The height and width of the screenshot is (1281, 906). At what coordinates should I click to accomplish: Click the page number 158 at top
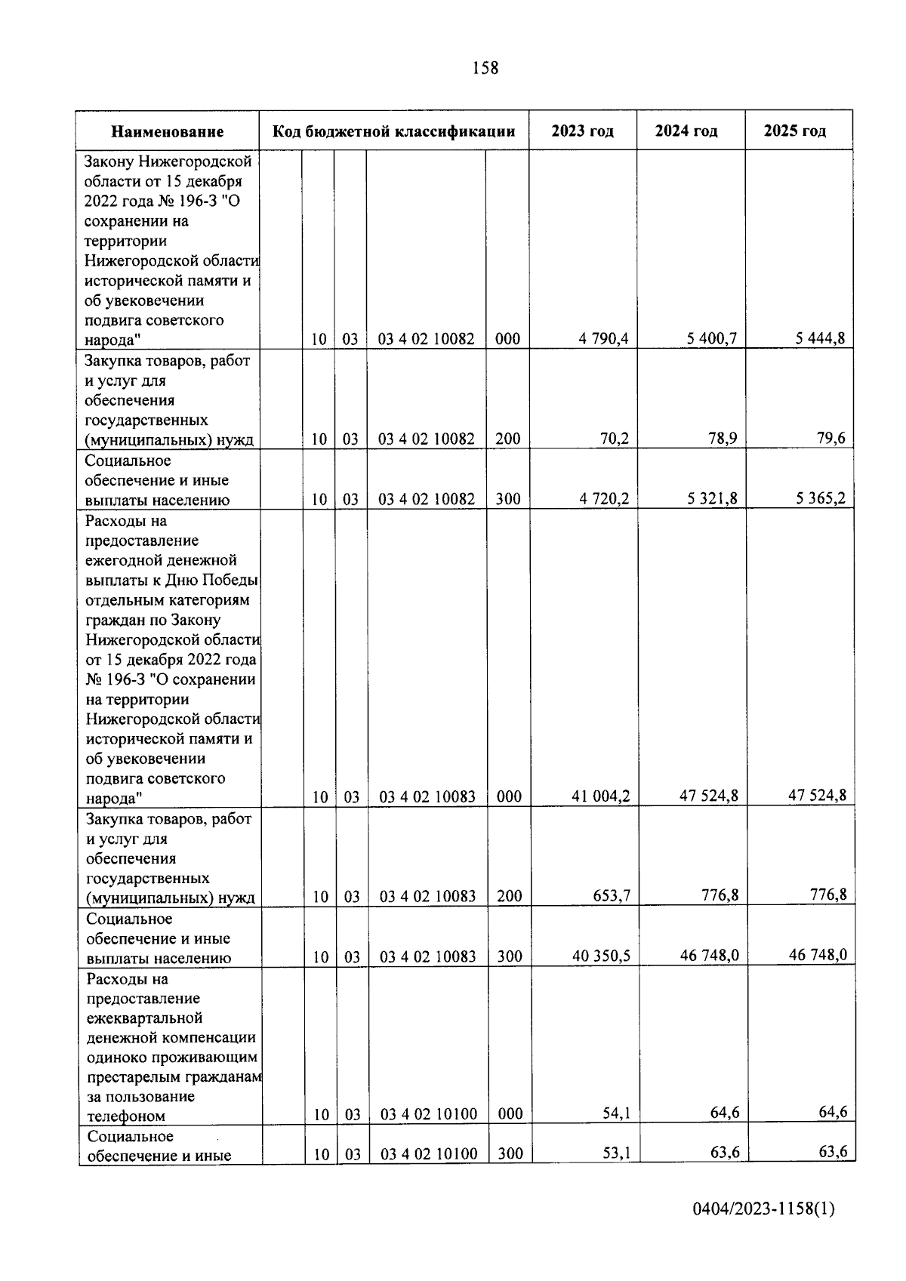(x=485, y=68)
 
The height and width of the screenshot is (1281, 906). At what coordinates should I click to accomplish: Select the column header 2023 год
(x=582, y=131)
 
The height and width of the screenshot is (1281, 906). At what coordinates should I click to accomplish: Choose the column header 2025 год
(x=795, y=131)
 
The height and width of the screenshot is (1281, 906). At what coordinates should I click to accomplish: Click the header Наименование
(x=168, y=132)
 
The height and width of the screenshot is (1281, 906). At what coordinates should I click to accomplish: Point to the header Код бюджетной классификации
(x=393, y=131)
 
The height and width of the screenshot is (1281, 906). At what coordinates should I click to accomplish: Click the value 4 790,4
(x=604, y=339)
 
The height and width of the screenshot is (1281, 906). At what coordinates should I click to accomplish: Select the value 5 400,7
(x=712, y=339)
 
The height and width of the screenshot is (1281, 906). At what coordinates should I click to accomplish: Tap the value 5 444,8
(x=820, y=338)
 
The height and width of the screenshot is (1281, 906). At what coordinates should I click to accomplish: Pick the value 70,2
(x=615, y=439)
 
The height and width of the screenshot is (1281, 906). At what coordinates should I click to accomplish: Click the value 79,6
(x=830, y=438)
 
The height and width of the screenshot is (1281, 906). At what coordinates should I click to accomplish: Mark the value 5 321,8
(x=712, y=498)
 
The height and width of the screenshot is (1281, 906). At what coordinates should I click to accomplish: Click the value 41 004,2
(x=601, y=796)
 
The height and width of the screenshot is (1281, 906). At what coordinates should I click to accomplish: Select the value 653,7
(x=612, y=896)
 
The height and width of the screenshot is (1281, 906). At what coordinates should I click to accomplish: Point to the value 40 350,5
(x=602, y=956)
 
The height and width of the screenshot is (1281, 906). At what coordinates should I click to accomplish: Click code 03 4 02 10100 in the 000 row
(x=428, y=1114)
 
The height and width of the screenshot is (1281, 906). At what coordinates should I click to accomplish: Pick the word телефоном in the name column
(x=126, y=1116)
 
